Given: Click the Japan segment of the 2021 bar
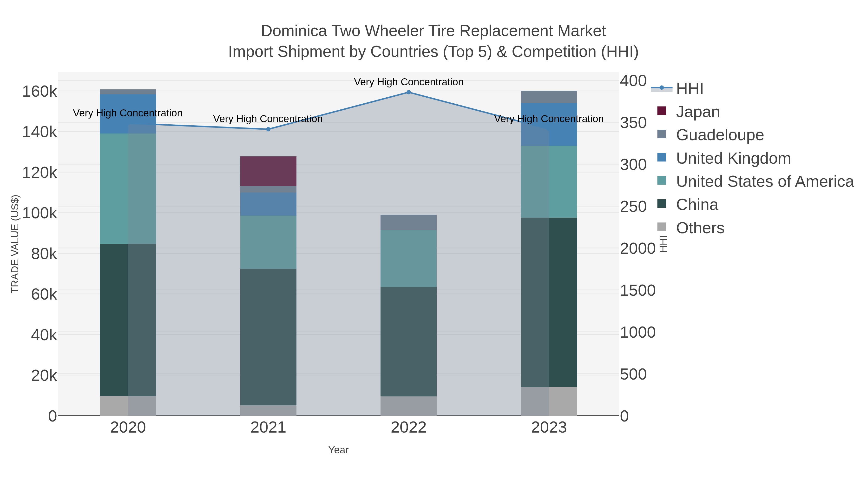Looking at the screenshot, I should click(268, 171).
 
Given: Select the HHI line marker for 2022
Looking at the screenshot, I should click(409, 92).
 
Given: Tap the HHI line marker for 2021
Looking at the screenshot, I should click(268, 129).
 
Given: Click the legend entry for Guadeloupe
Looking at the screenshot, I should click(720, 135).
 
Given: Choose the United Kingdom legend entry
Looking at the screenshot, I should click(733, 158).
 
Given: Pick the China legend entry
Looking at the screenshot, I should click(697, 205).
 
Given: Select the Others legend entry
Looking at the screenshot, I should click(700, 228).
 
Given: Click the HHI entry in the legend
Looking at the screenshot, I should click(689, 89).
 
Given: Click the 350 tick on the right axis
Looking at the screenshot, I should click(633, 123).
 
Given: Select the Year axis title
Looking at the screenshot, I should click(338, 450).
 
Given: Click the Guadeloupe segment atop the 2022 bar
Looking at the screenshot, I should click(409, 222).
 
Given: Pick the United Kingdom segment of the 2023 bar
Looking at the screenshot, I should click(549, 125).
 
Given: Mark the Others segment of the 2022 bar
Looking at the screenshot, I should click(409, 406).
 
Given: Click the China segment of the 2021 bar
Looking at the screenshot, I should click(268, 337).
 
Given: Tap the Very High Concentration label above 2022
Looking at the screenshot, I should click(409, 82).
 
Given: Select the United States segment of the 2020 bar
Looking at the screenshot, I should click(128, 189).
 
